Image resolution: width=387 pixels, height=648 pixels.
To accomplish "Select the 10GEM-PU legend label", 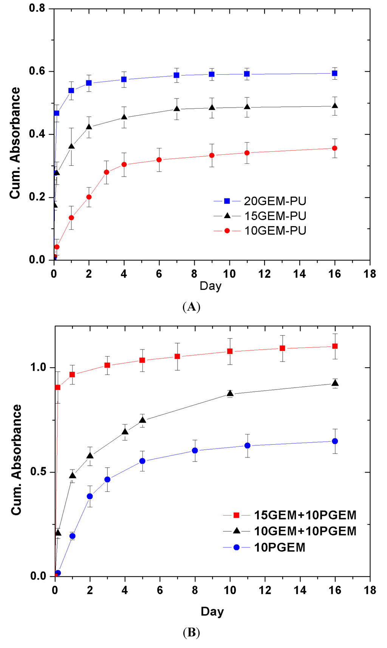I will click(x=275, y=231).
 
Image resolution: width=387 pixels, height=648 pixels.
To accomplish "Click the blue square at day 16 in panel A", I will click(x=334, y=73).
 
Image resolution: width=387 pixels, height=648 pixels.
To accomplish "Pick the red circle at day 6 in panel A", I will click(x=159, y=160).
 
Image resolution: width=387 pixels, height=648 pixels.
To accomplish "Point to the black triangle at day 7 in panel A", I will click(x=176, y=109).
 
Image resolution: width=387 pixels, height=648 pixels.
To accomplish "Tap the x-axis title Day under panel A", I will click(x=211, y=286).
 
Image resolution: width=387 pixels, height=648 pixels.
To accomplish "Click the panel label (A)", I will click(x=191, y=307).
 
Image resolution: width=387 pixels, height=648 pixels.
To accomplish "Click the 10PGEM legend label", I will click(x=279, y=547).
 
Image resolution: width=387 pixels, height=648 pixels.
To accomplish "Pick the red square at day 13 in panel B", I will click(x=282, y=348).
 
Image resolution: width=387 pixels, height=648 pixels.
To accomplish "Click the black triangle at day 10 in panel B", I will click(x=230, y=393).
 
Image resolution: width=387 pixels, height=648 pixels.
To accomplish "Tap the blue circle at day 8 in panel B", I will click(x=195, y=450).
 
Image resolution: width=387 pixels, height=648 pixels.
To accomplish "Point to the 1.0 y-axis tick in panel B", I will click(x=38, y=368).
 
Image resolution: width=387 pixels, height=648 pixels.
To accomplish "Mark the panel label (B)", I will click(x=191, y=632).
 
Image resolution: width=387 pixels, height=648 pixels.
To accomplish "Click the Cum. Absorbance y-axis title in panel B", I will click(x=17, y=459).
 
